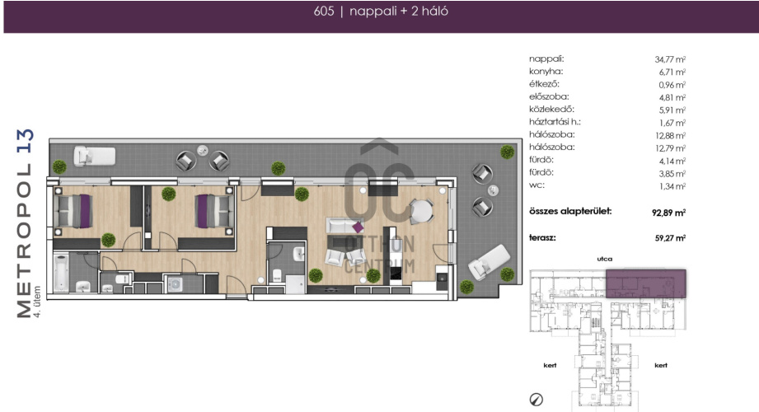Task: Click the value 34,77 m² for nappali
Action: point(670,59)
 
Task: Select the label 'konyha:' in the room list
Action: point(546,72)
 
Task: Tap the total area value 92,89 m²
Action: point(668,213)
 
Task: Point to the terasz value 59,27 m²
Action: point(670,238)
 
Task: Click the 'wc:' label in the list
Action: point(536,185)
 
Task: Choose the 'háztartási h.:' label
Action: point(555,122)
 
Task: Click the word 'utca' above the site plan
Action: point(605,259)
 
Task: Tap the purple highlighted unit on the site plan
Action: point(646,283)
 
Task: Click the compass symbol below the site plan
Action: point(536,400)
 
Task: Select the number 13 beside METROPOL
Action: point(26,141)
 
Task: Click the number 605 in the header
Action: point(324,12)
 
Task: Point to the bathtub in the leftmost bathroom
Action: point(61,273)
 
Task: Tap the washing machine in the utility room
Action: point(174,284)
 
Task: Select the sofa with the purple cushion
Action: point(345,226)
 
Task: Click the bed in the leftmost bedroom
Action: point(73,211)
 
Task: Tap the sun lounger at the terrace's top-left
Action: point(95,157)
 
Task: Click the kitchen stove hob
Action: point(396,274)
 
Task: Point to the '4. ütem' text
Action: point(37,302)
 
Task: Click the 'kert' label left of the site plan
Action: point(550,366)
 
